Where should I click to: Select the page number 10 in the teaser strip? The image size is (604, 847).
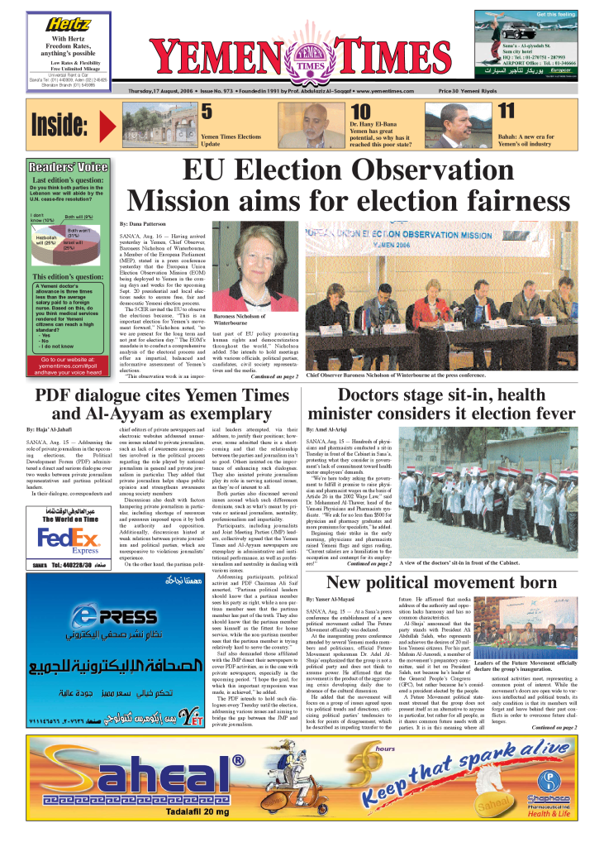point(359,112)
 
